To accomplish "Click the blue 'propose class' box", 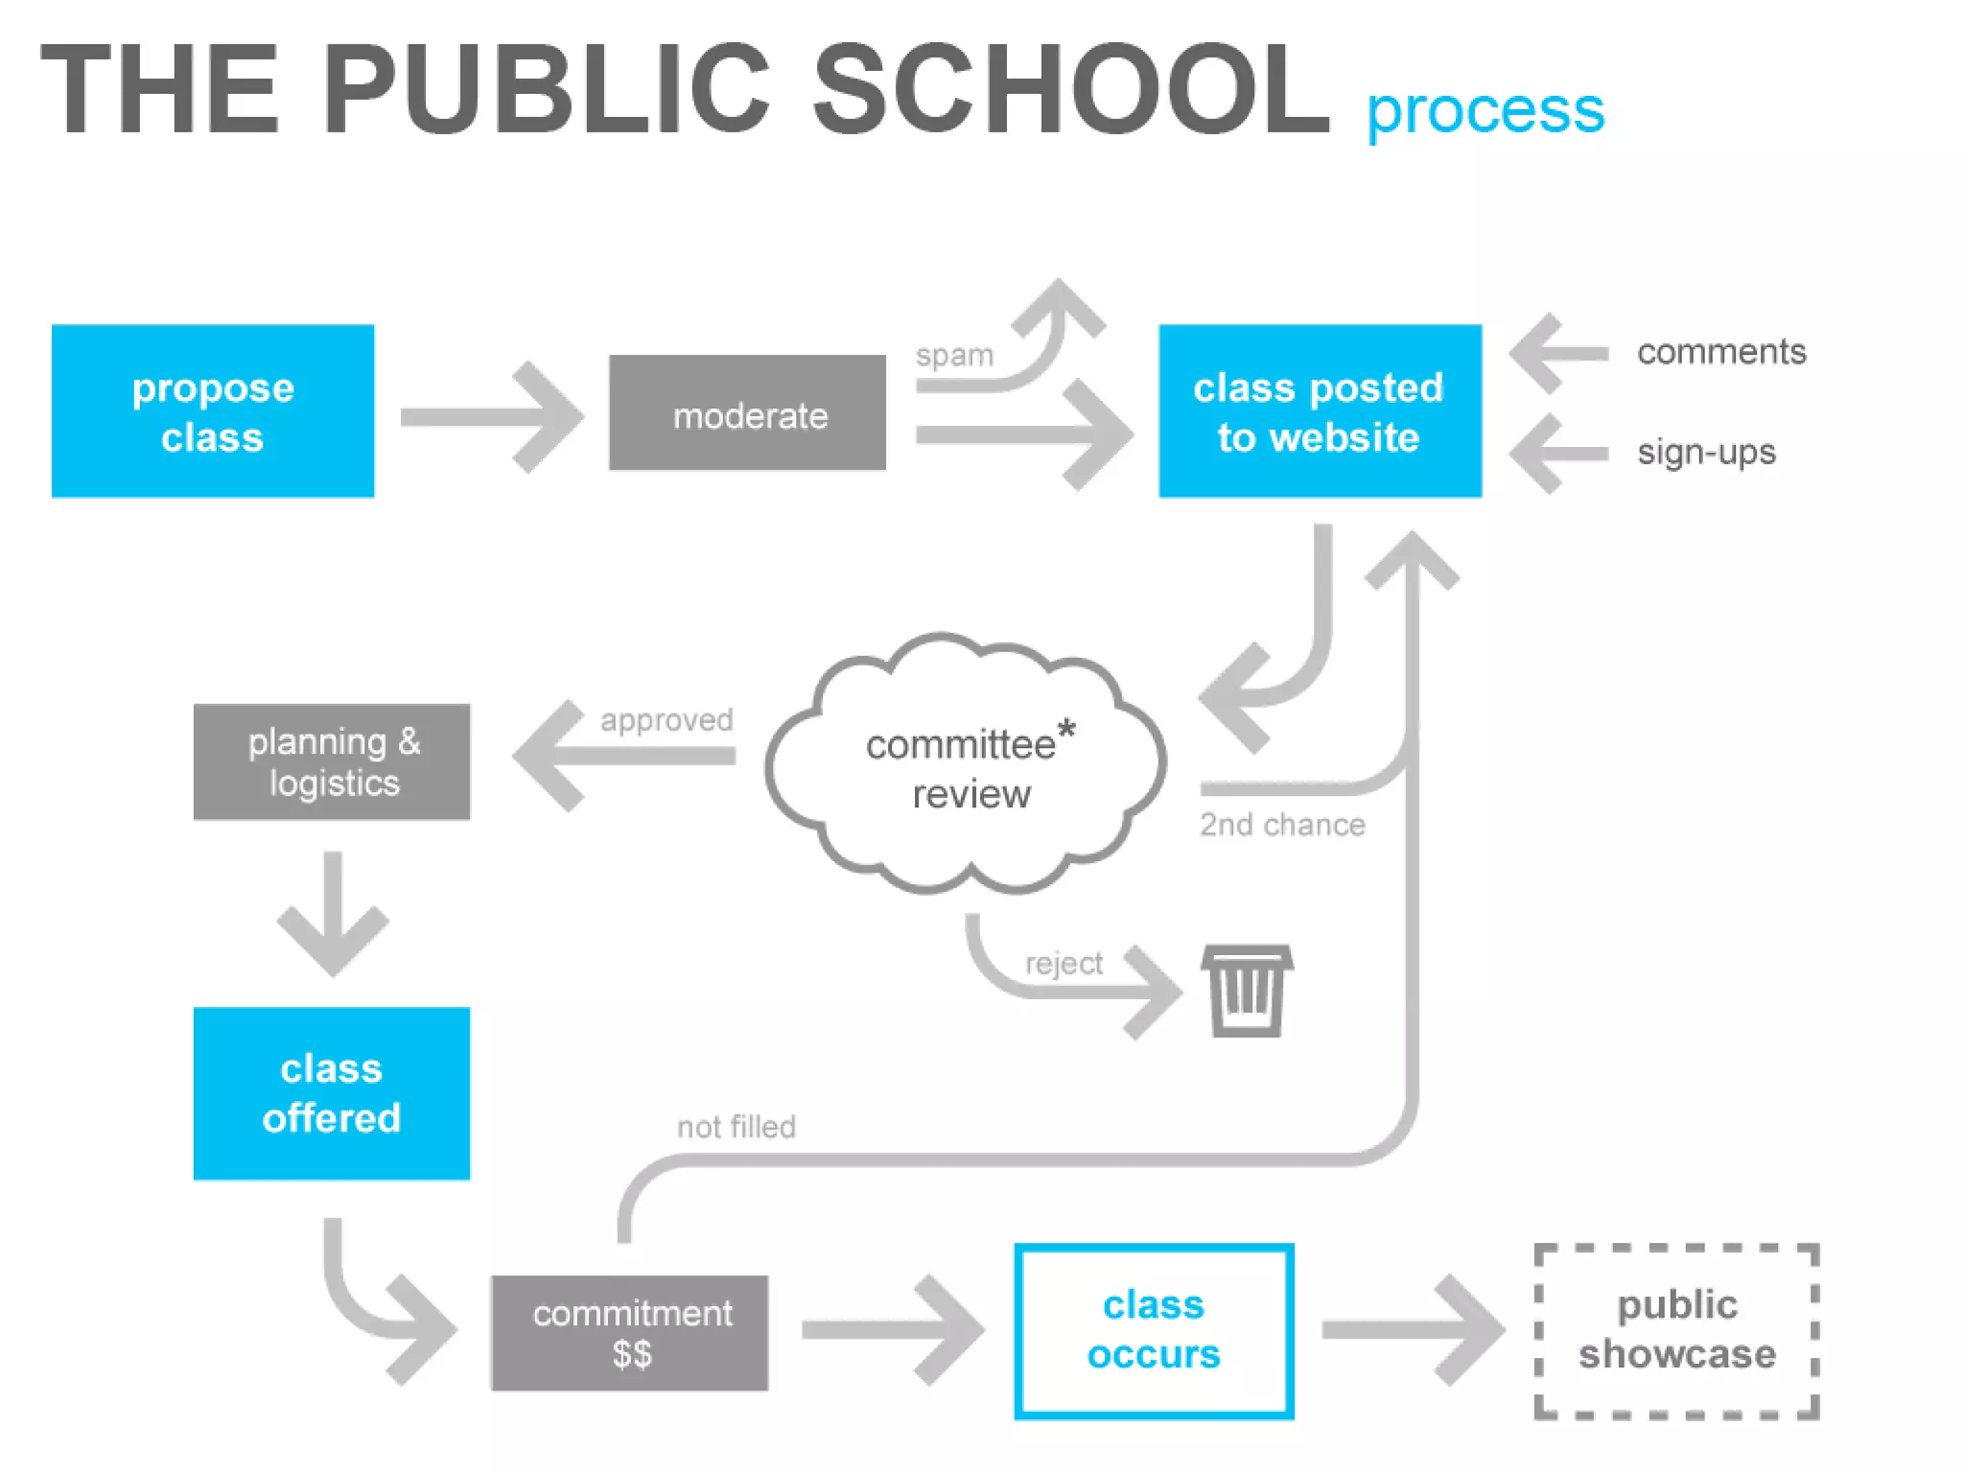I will pyautogui.click(x=213, y=411).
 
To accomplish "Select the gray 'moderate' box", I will pyautogui.click(x=748, y=413).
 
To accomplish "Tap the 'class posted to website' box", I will pyautogui.click(x=1320, y=411).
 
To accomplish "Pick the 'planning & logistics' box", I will pyautogui.click(x=332, y=762).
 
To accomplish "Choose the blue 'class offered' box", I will pyautogui.click(x=332, y=1093).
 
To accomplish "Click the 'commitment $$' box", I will pyautogui.click(x=630, y=1333).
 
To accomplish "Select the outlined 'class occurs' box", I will pyautogui.click(x=1154, y=1331).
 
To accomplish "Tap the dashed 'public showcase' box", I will pyautogui.click(x=1676, y=1331).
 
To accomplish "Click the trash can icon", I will pyautogui.click(x=1247, y=991).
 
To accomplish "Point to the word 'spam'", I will pyautogui.click(x=954, y=356).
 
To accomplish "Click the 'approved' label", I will pyautogui.click(x=666, y=719).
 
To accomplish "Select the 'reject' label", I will pyautogui.click(x=1064, y=963).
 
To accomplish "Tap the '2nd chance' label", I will pyautogui.click(x=1282, y=825).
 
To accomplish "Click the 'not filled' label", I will pyautogui.click(x=736, y=1127).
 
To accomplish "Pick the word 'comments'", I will pyautogui.click(x=1721, y=352).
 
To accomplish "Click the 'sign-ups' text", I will pyautogui.click(x=1706, y=452).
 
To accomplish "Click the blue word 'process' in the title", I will pyautogui.click(x=1485, y=111).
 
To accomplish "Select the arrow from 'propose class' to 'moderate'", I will pyautogui.click(x=491, y=417).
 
